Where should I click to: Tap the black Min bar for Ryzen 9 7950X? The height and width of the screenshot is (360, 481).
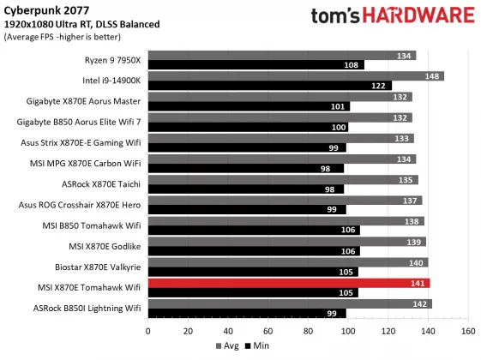256,65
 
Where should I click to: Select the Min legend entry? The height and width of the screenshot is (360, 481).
256,346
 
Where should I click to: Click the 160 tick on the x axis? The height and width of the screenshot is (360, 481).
467,330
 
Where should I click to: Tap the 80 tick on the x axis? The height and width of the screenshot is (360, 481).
308,330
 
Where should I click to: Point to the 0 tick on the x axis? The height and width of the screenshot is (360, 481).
148,330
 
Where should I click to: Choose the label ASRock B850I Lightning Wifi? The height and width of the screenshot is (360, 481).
87,309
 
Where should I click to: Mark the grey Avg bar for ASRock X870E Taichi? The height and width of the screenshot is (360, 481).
282,180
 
